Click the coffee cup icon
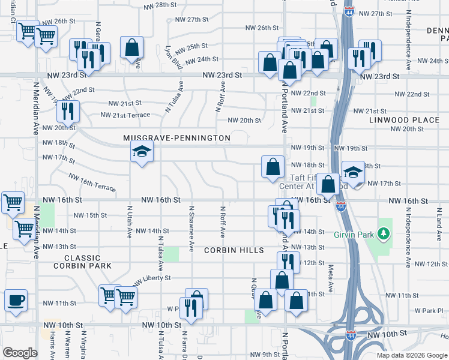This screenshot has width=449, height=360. click(16, 299)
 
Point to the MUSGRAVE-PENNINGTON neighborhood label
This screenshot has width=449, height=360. click(176, 138)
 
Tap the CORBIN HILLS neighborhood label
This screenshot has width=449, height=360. click(234, 250)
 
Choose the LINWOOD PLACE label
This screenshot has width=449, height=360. click(405, 120)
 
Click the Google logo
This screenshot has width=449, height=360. click(20, 353)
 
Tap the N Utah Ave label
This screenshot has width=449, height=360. click(129, 222)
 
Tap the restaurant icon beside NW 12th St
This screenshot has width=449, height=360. click(288, 262)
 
